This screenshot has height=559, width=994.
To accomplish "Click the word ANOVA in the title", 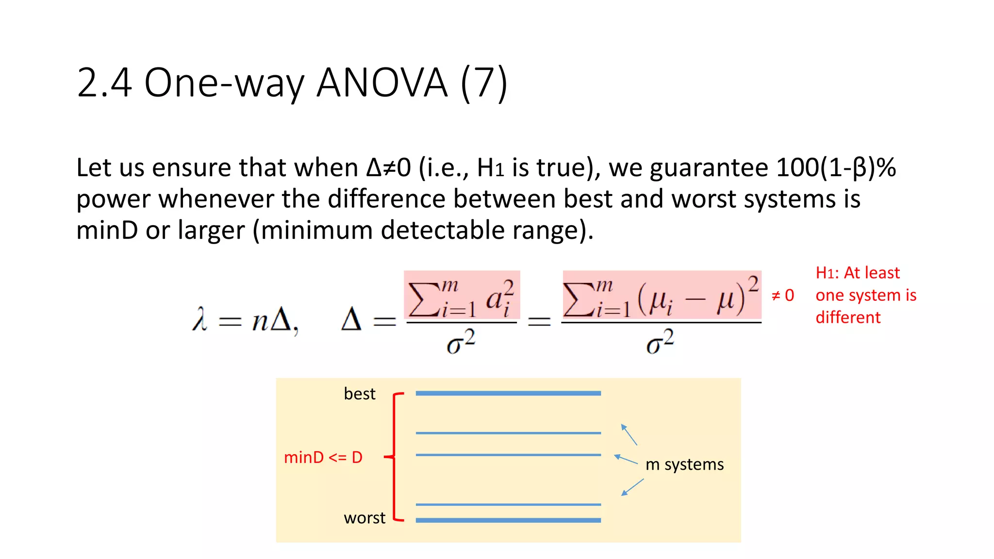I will pyautogui.click(x=382, y=83).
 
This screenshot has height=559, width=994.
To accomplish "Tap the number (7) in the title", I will pyautogui.click(x=483, y=83).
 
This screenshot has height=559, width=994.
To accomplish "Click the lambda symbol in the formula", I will pyautogui.click(x=199, y=320).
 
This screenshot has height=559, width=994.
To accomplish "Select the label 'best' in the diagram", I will pyautogui.click(x=359, y=394).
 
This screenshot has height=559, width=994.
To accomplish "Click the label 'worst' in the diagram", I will pyautogui.click(x=364, y=518).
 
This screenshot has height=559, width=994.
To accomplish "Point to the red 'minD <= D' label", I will pyautogui.click(x=323, y=457).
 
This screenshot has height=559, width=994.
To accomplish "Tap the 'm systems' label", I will pyautogui.click(x=684, y=464).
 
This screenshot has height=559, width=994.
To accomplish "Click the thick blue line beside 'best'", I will pyautogui.click(x=508, y=394).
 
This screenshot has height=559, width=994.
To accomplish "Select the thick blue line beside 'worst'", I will pyautogui.click(x=508, y=520).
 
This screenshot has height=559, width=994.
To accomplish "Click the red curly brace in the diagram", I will pyautogui.click(x=394, y=457).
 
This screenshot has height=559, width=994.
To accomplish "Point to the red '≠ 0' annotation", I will pyautogui.click(x=782, y=295).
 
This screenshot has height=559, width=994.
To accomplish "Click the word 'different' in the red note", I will pyautogui.click(x=847, y=317).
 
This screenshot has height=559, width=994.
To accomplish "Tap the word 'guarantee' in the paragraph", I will pyautogui.click(x=709, y=168).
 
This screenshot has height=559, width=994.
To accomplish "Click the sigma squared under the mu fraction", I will pyautogui.click(x=660, y=342).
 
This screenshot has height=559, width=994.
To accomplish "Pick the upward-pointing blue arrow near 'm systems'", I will pyautogui.click(x=629, y=434).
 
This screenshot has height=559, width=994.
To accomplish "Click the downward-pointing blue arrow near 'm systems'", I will pyautogui.click(x=632, y=487).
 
